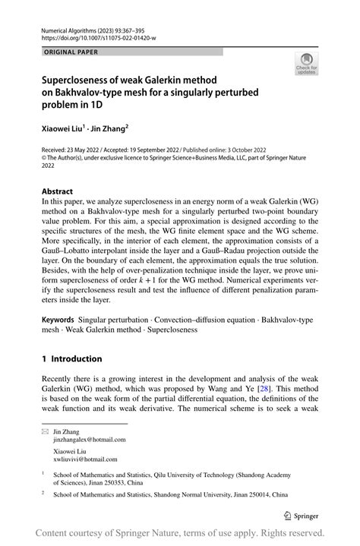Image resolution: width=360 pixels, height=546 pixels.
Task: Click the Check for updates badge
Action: click(306, 64)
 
